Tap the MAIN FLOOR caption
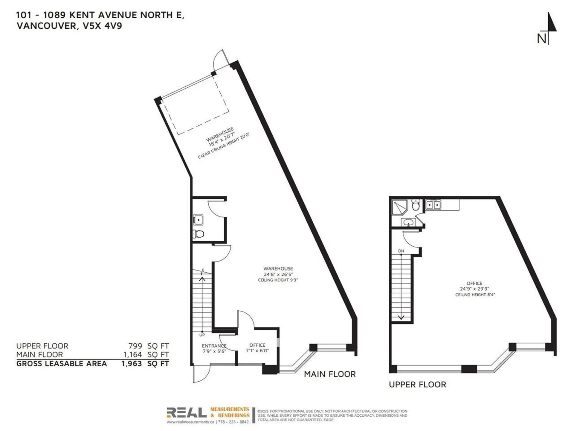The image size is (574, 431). coord(329,374)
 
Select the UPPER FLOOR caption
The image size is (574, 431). coord(417,385)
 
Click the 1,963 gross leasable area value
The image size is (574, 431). coord(132,364)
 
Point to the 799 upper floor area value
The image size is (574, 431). coord(135,346)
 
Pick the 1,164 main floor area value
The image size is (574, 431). coord(133,355)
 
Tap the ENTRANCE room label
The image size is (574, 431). coord(214,346)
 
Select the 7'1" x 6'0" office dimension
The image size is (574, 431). coord(257,350)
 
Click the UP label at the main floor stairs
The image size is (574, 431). coord(202,335)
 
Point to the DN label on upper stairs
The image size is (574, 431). coord(401,251)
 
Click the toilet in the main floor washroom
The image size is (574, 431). coord(199,234)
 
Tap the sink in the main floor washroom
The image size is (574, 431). coord(198,220)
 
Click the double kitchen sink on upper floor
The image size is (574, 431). coord(433,205)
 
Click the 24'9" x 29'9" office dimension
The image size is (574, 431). coord(474,289)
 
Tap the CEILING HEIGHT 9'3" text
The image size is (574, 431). coord(278,280)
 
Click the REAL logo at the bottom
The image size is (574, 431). coord(187,413)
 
